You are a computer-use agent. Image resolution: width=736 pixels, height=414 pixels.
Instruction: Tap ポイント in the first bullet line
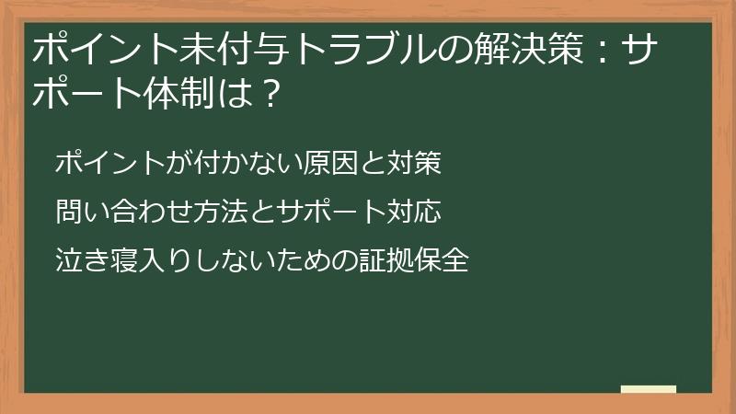[x=109, y=163]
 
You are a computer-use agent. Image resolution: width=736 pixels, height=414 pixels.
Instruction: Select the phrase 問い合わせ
[x=124, y=212]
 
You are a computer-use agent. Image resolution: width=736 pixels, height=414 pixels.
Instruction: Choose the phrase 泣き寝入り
[x=123, y=260]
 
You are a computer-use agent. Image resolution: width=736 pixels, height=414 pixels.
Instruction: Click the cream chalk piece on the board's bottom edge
[x=649, y=389]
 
